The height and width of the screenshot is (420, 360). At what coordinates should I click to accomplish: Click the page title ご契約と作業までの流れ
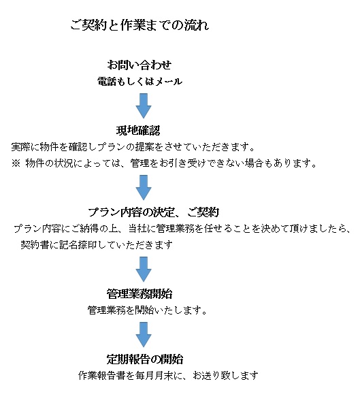(140, 25)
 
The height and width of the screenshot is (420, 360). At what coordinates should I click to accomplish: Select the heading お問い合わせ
(140, 65)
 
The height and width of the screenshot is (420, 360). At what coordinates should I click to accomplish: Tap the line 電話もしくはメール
(140, 81)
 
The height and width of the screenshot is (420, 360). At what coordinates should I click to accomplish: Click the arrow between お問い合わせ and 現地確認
(144, 106)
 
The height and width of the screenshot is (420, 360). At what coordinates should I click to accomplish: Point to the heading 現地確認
(138, 131)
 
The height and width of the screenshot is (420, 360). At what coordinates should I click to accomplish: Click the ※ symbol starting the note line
(16, 163)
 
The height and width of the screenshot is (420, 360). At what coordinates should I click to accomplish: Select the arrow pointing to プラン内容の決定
(144, 187)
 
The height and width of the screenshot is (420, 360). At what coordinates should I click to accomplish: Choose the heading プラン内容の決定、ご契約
(154, 212)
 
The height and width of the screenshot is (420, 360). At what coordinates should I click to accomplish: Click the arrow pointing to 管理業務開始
(144, 269)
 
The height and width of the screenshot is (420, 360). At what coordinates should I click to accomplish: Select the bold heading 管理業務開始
(140, 294)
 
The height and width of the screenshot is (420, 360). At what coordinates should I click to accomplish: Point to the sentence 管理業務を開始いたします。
(147, 310)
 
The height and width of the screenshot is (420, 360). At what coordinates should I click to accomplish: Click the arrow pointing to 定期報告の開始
(144, 334)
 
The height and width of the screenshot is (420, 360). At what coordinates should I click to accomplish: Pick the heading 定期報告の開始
(145, 359)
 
